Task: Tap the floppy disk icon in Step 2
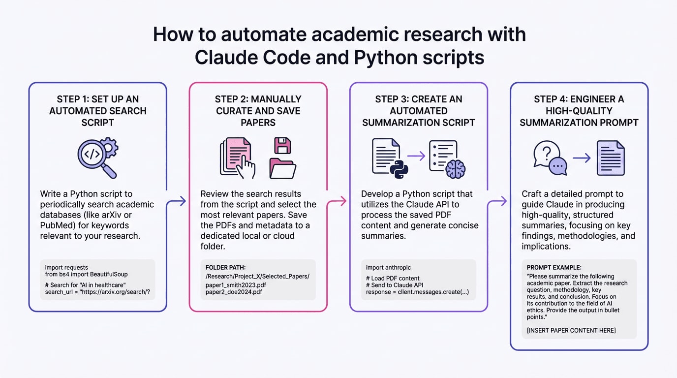pyautogui.click(x=282, y=146)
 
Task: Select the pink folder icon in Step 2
pyautogui.click(x=282, y=168)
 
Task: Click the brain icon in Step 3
pyautogui.click(x=455, y=168)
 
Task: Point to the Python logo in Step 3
pyautogui.click(x=400, y=168)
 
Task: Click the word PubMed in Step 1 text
pyautogui.click(x=57, y=225)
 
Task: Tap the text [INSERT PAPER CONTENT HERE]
pyautogui.click(x=571, y=330)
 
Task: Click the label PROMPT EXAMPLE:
pyautogui.click(x=554, y=268)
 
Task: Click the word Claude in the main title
pyautogui.click(x=226, y=57)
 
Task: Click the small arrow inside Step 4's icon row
pyautogui.click(x=582, y=158)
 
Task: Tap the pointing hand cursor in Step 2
pyautogui.click(x=246, y=167)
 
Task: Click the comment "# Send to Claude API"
pyautogui.click(x=394, y=285)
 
